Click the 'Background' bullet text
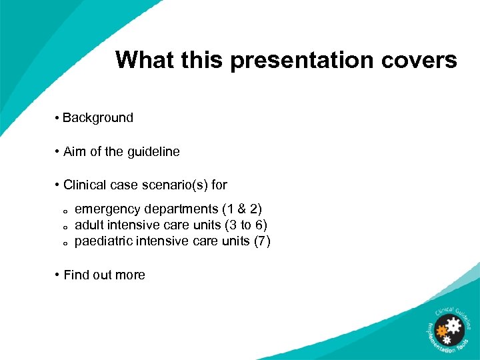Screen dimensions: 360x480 point(98,118)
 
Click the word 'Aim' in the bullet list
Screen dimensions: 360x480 point(75,152)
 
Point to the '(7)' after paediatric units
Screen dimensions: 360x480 point(262,241)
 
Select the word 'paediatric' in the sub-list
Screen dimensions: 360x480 point(103,241)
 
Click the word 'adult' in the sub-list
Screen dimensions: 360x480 point(89,225)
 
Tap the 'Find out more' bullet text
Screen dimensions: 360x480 point(104,275)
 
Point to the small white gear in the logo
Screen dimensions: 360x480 point(446,341)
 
